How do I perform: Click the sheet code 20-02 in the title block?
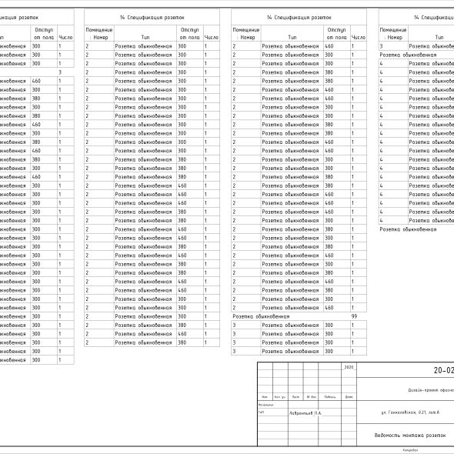(x=442, y=370)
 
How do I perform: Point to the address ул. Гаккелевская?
(x=405, y=413)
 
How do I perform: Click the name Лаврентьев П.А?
(x=305, y=413)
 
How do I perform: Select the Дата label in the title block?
(x=349, y=397)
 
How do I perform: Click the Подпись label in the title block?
(x=329, y=397)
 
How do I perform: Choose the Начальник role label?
(x=265, y=405)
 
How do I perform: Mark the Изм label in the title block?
(x=264, y=397)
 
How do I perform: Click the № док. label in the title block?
(x=312, y=397)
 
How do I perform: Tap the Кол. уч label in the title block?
(x=280, y=397)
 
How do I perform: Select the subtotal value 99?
(x=354, y=316)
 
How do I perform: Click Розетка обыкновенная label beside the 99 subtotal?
(x=261, y=316)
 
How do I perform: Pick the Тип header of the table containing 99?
(x=292, y=37)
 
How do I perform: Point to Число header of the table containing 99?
(x=358, y=37)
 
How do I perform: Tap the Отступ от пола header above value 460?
(x=336, y=33)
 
